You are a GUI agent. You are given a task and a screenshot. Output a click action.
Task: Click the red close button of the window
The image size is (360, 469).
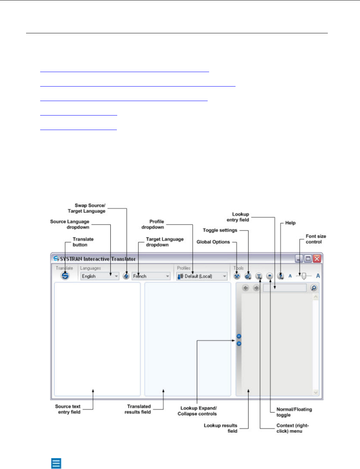[317, 259]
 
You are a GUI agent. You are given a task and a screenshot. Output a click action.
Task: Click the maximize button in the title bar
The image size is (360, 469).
[308, 259]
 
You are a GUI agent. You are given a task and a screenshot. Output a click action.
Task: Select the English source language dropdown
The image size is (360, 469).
[99, 276]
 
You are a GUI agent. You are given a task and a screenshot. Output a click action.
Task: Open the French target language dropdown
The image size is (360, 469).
[151, 276]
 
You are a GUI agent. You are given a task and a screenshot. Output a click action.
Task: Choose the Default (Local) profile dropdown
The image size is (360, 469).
[202, 276]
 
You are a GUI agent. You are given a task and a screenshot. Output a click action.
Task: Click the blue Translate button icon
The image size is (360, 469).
[65, 276]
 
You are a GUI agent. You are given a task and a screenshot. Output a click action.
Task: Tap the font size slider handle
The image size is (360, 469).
[304, 276]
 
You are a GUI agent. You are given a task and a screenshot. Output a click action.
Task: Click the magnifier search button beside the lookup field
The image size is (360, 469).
[314, 288]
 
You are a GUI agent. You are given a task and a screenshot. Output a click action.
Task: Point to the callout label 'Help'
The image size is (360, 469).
[290, 223]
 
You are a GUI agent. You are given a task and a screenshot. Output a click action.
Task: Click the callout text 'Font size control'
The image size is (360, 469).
[315, 239]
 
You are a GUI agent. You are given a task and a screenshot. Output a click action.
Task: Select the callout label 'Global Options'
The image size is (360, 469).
[213, 242]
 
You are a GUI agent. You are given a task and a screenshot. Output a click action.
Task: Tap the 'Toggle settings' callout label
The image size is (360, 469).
[220, 230]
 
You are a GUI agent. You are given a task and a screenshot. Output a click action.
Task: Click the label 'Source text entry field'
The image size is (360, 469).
[68, 409]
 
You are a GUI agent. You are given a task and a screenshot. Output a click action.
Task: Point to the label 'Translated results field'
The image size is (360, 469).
[138, 409]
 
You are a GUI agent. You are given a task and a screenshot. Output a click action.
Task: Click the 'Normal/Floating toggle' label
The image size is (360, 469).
[294, 412]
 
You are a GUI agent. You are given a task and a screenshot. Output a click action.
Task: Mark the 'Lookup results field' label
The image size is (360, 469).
[221, 428]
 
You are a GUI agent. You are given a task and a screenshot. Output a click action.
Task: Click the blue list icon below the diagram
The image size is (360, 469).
[56, 463]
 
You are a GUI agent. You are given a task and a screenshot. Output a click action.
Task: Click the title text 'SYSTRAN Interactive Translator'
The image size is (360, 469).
[98, 259]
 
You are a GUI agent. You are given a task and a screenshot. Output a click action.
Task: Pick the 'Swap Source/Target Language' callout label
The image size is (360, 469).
[87, 208]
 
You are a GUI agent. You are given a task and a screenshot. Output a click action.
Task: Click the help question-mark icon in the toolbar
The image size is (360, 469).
[280, 276]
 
